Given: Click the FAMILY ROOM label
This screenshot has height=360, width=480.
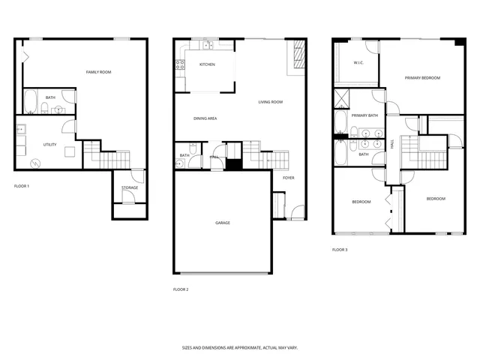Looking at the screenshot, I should point(98,72).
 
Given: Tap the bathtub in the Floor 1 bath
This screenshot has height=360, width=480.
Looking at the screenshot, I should point(31,101).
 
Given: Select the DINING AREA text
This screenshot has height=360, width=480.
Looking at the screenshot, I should point(205,118).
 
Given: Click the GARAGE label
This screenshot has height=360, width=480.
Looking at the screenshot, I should point(223,223).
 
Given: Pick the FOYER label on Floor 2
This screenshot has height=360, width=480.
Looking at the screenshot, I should point(288,178).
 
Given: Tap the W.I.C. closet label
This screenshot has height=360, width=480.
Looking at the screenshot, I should point(358,63).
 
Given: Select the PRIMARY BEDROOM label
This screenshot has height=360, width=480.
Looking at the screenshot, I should point(422,78).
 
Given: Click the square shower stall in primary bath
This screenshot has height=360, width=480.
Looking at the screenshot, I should point(341,97).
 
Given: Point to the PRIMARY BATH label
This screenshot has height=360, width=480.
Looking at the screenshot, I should point(364,115).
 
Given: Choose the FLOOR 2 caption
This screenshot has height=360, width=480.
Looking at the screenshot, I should point(181,289).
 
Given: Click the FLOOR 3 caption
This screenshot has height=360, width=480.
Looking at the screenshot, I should point(340,249).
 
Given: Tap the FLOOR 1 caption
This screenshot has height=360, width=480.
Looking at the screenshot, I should point(22,185).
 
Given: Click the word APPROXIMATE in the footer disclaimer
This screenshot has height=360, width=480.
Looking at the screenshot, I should point(242,348).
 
